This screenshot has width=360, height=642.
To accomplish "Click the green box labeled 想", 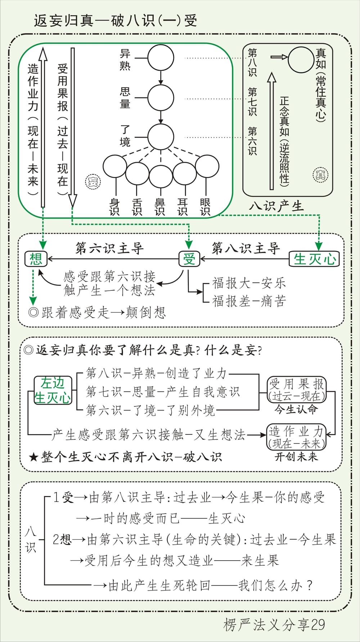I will pyautogui.click(x=36, y=259).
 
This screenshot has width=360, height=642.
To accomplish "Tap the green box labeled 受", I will pyautogui.click(x=189, y=259).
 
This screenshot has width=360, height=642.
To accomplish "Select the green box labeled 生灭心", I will pyautogui.click(x=314, y=259).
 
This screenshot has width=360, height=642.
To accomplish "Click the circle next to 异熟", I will pyautogui.click(x=161, y=58).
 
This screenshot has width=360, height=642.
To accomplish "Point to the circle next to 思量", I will pyautogui.click(x=161, y=98).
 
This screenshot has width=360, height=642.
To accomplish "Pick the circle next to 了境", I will pyautogui.click(x=161, y=137).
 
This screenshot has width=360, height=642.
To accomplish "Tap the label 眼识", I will pyautogui.click(x=205, y=207).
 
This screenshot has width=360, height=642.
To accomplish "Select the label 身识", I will pyautogui.click(x=114, y=207).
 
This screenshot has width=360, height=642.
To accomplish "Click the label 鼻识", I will pyautogui.click(x=159, y=207).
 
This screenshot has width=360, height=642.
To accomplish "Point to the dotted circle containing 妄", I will pyautogui.click(x=93, y=181).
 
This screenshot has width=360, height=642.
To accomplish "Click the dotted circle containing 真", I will pyautogui.click(x=320, y=175).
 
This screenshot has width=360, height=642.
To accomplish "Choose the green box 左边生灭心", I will pyautogui.click(x=53, y=390).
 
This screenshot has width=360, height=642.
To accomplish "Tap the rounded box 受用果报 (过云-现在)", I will pyautogui.click(x=296, y=390).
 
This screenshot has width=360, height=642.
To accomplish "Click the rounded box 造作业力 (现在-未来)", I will pyautogui.click(x=296, y=437).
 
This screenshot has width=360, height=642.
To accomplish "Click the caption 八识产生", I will pyautogui.click(x=276, y=206).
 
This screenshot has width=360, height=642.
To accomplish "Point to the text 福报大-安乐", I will pyautogui.click(x=249, y=283).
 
